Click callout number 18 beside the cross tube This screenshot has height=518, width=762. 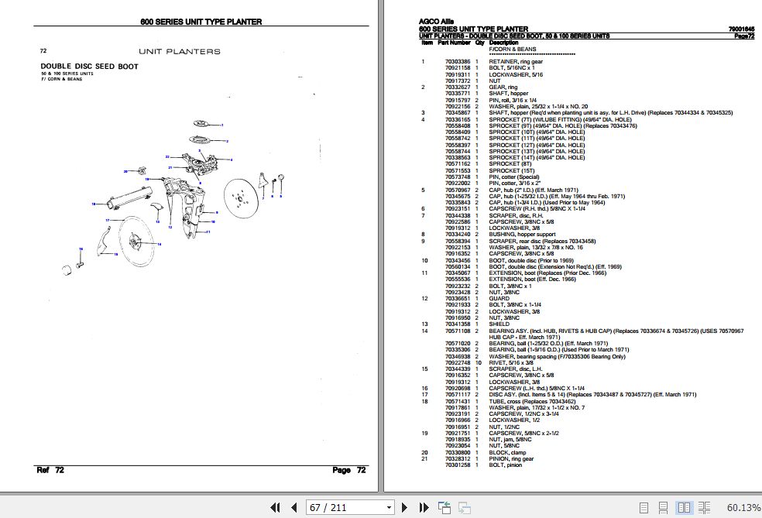[93, 204]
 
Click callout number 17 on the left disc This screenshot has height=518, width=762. [108, 220]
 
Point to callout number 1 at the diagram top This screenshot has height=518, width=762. [222, 125]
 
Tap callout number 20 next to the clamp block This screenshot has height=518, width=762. [125, 171]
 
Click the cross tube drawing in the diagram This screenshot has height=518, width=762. [129, 197]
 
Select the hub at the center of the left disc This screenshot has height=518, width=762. [134, 242]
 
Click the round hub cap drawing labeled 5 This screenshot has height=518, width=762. [281, 177]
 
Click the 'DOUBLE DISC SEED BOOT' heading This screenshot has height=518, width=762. [89, 67]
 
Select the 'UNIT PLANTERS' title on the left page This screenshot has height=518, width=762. [179, 51]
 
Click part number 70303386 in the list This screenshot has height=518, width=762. [457, 61]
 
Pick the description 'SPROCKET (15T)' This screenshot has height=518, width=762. [510, 170]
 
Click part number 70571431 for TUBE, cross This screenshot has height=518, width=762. [457, 402]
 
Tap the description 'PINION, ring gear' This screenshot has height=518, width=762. [511, 459]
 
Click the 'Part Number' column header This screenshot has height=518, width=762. [455, 43]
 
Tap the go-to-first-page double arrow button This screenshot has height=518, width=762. [275, 508]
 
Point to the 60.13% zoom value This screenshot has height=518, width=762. [743, 508]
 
